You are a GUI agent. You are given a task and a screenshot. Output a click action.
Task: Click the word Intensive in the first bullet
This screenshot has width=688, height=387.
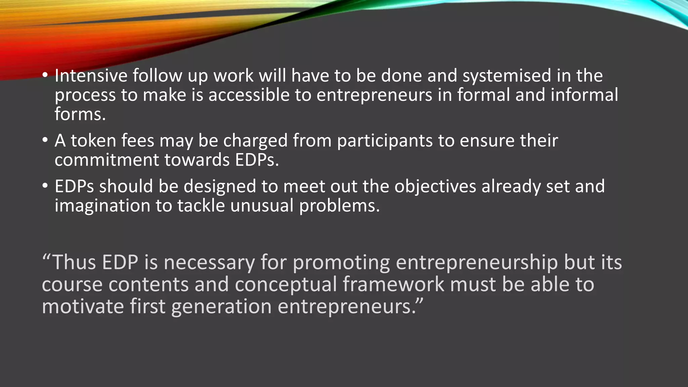click(91, 75)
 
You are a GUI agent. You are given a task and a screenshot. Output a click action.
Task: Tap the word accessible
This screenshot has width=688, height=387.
click(249, 95)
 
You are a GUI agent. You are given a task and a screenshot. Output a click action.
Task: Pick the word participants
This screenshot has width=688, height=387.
click(385, 141)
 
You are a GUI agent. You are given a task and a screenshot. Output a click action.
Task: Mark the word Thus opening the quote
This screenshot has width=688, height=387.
click(74, 262)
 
